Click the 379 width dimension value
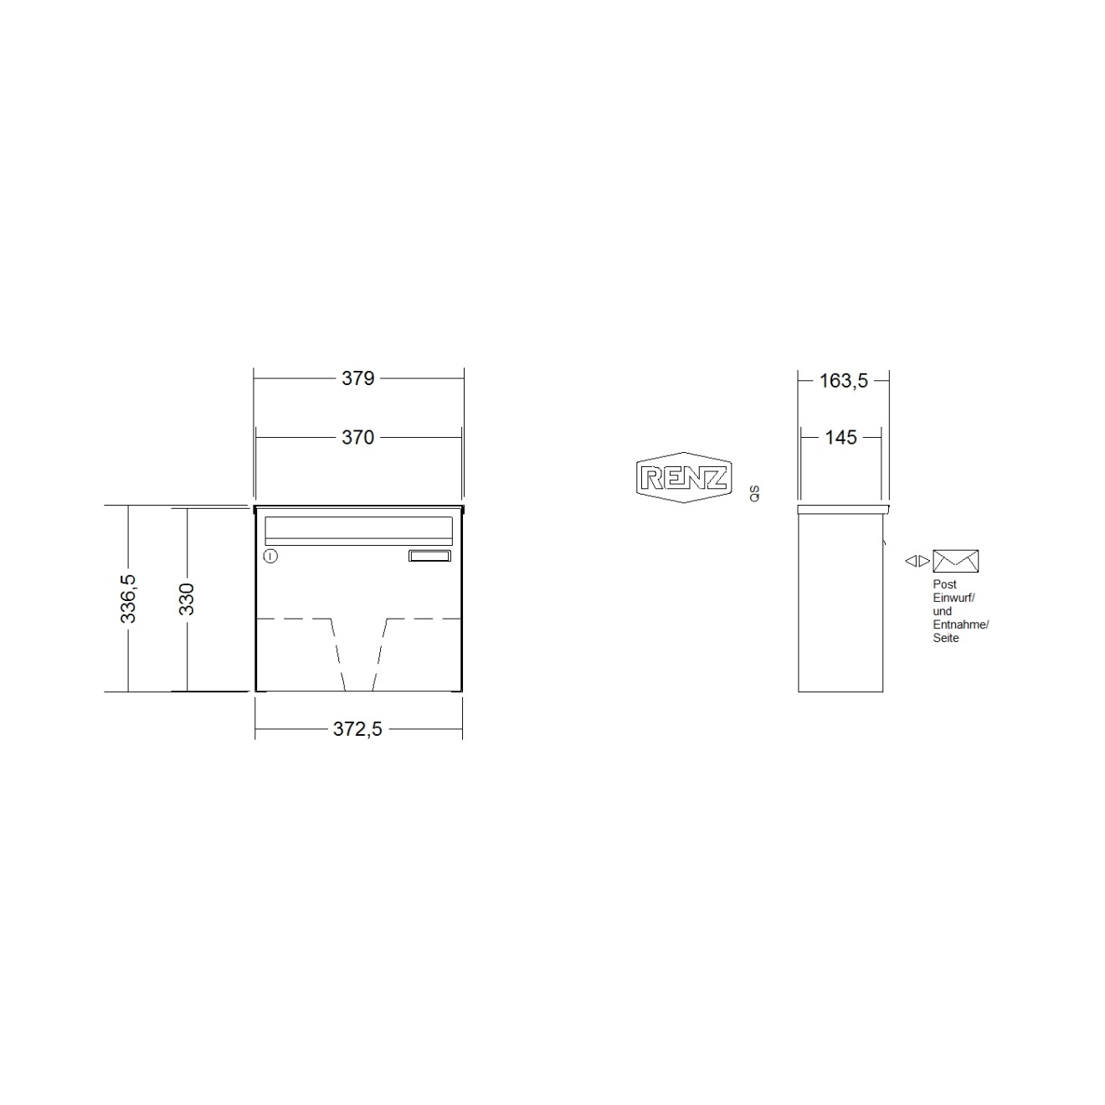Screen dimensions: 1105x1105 pos(357,378)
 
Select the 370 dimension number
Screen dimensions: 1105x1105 pos(357,437)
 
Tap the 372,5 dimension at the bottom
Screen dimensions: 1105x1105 pos(357,729)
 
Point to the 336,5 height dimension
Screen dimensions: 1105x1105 pos(128,599)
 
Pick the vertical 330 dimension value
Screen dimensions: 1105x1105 pos(187,599)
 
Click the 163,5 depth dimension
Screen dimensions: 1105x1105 pos(843,381)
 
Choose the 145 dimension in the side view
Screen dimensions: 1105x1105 pos(840,437)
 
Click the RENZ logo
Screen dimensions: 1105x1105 pos(684,479)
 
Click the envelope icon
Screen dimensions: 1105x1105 pos(955,561)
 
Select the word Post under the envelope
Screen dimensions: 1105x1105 pos(944,584)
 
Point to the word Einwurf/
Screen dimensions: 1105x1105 pos(953,598)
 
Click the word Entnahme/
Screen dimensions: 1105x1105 pos(960,624)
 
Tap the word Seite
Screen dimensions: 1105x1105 pos(946,638)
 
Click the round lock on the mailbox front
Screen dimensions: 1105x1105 pos(270,556)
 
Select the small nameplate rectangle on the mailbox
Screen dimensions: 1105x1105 pos(429,555)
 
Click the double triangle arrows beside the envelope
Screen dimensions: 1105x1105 pos(917,561)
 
